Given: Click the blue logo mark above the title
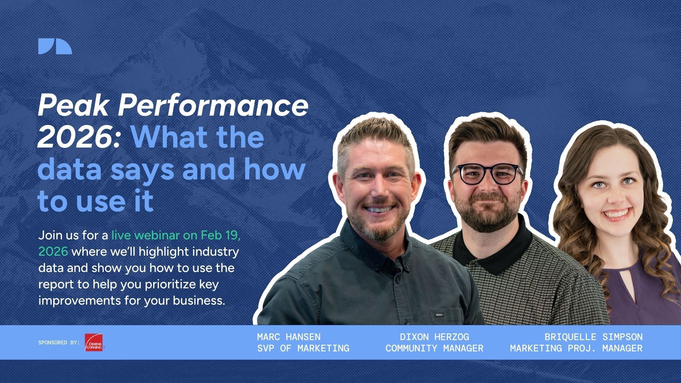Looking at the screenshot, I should click(55, 46).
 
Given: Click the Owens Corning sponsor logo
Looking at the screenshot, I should click(94, 343).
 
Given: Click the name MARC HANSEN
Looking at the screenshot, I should click(289, 337).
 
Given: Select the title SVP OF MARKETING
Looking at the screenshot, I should click(303, 348).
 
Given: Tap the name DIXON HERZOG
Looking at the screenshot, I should click(434, 337).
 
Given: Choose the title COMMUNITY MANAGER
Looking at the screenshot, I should click(434, 348).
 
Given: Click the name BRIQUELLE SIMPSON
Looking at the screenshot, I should click(593, 337).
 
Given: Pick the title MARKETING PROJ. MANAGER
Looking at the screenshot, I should click(576, 348).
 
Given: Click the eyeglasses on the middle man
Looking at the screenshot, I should click(488, 174).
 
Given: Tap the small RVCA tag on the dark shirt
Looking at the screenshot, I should click(439, 314).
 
